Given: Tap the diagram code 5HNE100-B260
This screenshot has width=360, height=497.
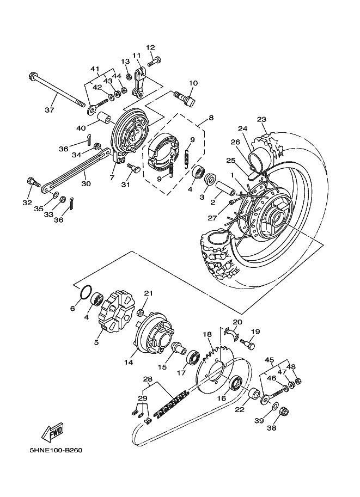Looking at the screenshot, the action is click(x=55, y=450).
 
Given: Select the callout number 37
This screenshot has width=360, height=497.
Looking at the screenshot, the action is click(x=49, y=110).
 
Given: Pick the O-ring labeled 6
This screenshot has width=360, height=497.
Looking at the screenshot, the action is click(x=87, y=292).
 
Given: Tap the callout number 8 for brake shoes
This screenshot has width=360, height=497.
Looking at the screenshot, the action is click(x=211, y=118).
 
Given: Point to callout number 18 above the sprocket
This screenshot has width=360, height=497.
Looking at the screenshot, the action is click(x=207, y=335).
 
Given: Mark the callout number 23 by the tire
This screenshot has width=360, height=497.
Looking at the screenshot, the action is click(x=261, y=120).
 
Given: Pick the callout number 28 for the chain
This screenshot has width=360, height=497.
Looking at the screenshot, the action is click(x=148, y=379).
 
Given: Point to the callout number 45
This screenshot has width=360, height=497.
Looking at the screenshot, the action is click(x=269, y=360).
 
